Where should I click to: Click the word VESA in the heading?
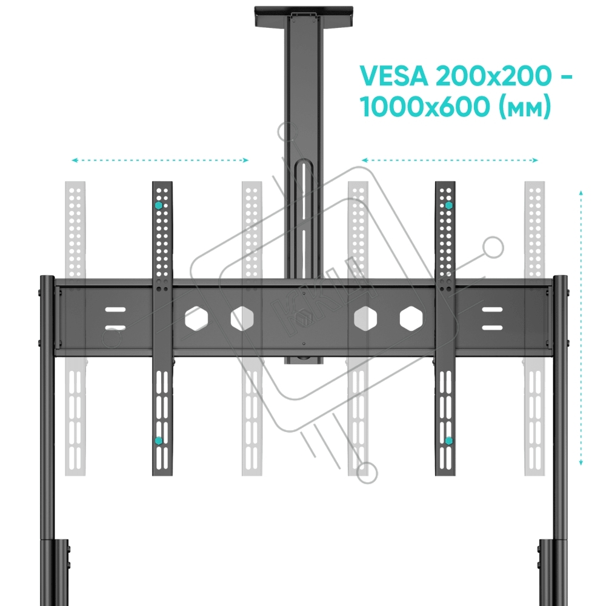394,76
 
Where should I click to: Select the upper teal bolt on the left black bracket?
158,205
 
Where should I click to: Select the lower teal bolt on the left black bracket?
158,441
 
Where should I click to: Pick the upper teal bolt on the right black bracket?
448,205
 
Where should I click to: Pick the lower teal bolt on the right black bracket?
448,441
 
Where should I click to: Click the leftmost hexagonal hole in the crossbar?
196,319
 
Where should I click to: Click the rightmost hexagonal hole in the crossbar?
411,319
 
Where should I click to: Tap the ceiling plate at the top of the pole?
304,16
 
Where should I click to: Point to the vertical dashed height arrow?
581,328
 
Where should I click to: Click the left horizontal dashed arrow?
160,160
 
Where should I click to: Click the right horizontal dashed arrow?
450,160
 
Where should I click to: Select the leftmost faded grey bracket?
75,328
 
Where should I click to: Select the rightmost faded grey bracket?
534,328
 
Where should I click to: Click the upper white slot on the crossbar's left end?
116,310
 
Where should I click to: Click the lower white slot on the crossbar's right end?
492,328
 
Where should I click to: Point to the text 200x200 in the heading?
493,76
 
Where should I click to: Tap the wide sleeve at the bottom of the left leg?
55,573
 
